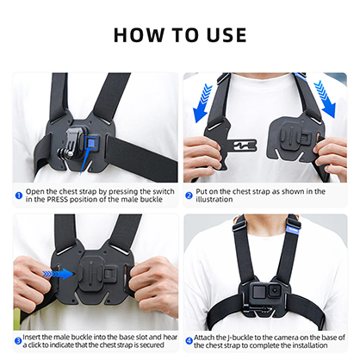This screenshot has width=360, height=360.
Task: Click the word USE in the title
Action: tap(223, 35)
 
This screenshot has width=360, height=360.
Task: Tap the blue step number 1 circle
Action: tap(19, 193)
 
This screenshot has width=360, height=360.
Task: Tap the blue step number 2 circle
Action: tap(189, 193)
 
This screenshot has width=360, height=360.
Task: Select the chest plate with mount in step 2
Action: tap(297, 141)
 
